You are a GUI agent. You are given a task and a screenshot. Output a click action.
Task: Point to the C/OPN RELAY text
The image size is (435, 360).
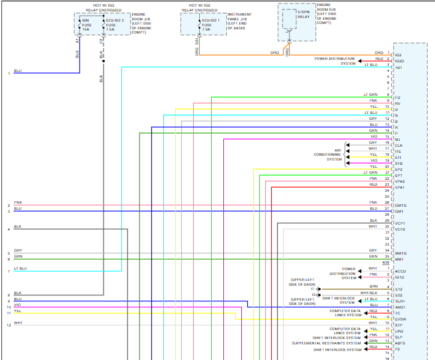pos(303,14)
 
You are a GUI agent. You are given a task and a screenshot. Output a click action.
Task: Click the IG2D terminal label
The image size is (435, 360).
pos(400,60)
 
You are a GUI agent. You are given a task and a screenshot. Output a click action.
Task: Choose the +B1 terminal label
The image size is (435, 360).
pos(399,66)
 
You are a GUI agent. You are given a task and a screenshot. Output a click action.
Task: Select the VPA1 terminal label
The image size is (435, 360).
pos(400,187)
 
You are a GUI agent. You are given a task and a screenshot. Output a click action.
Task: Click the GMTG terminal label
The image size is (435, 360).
pos(400,205)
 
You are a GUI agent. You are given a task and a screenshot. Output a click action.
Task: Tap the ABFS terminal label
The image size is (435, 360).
pos(400,343)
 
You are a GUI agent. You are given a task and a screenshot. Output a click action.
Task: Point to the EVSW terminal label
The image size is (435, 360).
pos(400,319)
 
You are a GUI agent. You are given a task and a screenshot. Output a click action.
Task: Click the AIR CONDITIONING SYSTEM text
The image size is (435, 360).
pos(329,155)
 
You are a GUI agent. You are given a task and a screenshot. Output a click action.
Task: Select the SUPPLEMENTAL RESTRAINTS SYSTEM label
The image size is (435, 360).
pos(327,343)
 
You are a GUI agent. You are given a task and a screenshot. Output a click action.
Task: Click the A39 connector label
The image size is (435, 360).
pos(386,262)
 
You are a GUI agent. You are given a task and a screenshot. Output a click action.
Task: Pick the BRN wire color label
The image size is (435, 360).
pos(373,286)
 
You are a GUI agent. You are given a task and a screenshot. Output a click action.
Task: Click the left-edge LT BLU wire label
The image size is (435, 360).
pos(20,268)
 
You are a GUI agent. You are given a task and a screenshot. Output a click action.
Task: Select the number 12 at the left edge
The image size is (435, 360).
pos(9,325)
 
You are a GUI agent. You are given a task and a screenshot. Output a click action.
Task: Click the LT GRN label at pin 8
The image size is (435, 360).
pos(370,95)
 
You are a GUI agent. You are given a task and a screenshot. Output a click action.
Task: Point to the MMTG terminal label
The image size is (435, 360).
pos(400,253)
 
